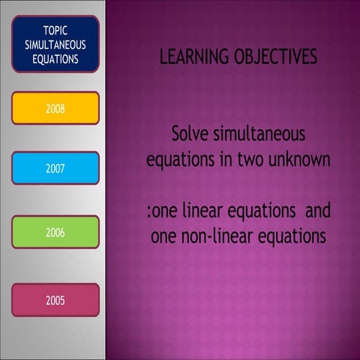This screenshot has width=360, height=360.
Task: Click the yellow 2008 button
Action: [x=55, y=108]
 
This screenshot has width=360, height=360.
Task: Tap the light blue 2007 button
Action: [x=55, y=168]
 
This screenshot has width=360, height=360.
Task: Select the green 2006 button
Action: [x=55, y=232]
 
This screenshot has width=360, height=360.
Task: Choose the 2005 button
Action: [x=55, y=300]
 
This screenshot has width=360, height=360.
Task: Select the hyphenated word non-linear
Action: [x=214, y=236]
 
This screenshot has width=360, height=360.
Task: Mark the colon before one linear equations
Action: [x=150, y=213]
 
